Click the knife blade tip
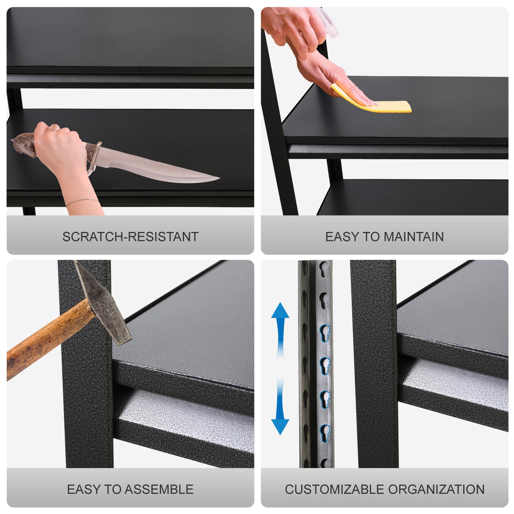[x=219, y=178]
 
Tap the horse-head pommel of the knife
[x=23, y=144]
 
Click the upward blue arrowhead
[x=280, y=311]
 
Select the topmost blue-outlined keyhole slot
[x=325, y=333]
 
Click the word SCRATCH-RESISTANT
[x=131, y=237]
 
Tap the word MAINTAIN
[x=413, y=237]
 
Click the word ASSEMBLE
[x=159, y=489]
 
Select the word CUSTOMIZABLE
[x=334, y=489]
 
